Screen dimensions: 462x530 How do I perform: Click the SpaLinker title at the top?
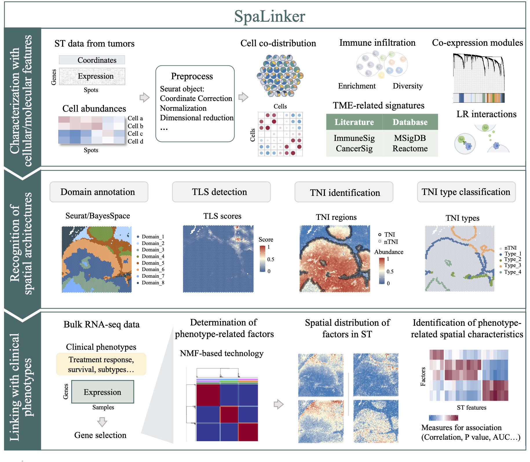pyautogui.click(x=269, y=16)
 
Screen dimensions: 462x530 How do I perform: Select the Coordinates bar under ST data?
pyautogui.click(x=92, y=60)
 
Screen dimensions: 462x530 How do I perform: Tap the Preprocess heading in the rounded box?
pyautogui.click(x=192, y=76)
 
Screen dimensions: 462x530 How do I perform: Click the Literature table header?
pyautogui.click(x=354, y=122)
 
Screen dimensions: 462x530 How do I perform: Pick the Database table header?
pyautogui.click(x=410, y=122)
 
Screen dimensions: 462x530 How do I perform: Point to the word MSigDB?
pyautogui.click(x=410, y=138)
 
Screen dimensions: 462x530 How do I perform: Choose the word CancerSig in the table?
pyautogui.click(x=354, y=148)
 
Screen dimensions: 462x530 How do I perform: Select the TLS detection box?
pyautogui.click(x=221, y=192)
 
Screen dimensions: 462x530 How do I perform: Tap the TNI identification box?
pyautogui.click(x=344, y=192)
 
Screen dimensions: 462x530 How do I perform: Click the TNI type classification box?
pyautogui.click(x=466, y=192)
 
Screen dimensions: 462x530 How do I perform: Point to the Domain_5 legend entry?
pyautogui.click(x=153, y=263)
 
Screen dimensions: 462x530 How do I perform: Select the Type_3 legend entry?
pyautogui.click(x=512, y=265)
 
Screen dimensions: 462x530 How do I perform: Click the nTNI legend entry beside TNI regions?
pyautogui.click(x=390, y=242)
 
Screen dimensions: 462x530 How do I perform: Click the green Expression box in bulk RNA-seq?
pyautogui.click(x=103, y=392)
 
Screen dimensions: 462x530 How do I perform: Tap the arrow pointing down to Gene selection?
pyautogui.click(x=102, y=422)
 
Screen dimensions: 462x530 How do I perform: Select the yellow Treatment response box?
pyautogui.click(x=101, y=364)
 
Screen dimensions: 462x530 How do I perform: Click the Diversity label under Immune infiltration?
pyautogui.click(x=407, y=86)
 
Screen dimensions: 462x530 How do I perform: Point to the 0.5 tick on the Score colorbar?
pyautogui.click(x=271, y=259)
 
